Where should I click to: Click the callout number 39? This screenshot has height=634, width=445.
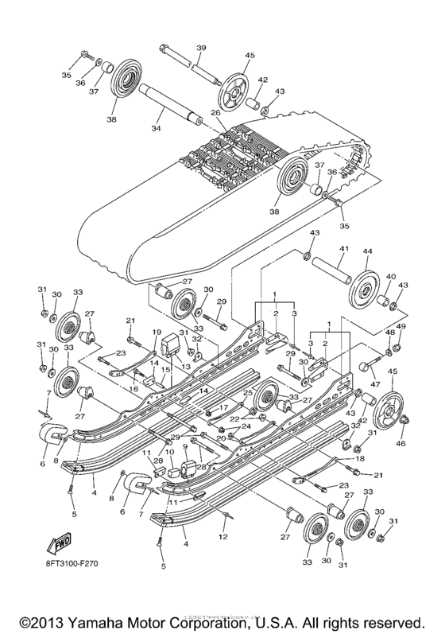pyautogui.click(x=201, y=49)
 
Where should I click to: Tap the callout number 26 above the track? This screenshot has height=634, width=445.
pyautogui.click(x=215, y=113)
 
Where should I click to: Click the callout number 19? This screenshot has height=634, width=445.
pyautogui.click(x=157, y=333)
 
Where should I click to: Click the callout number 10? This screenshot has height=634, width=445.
pyautogui.click(x=168, y=453)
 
